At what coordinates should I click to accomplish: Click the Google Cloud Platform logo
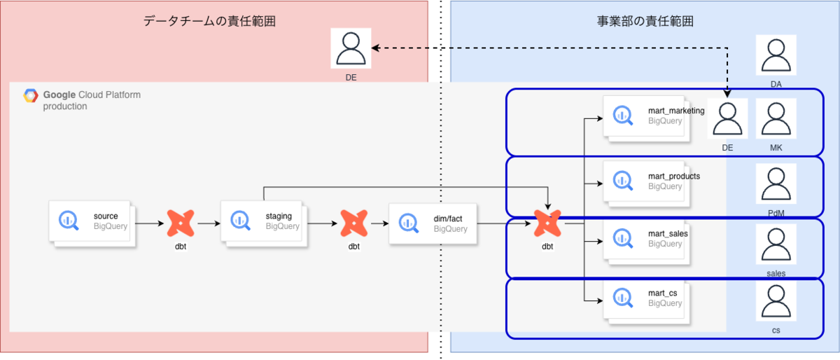click(x=30, y=95)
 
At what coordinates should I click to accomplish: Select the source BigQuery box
click(x=92, y=223)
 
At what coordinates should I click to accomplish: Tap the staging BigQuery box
click(x=264, y=223)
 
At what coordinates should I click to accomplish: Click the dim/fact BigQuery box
click(x=433, y=223)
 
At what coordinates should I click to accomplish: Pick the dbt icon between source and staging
click(x=181, y=223)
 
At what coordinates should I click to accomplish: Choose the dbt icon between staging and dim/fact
click(x=354, y=223)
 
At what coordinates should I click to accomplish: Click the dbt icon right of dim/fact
click(x=547, y=223)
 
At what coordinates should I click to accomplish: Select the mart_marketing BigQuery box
click(x=647, y=118)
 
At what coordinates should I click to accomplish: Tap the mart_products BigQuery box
click(x=647, y=184)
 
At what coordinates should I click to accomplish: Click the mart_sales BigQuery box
click(x=647, y=242)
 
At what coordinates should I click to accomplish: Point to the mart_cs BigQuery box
click(x=647, y=301)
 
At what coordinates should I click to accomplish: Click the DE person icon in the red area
click(x=351, y=48)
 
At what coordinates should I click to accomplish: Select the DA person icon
click(x=776, y=55)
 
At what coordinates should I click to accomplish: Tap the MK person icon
click(x=776, y=118)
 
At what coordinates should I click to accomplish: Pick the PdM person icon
click(x=776, y=184)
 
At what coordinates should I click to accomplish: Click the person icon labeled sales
click(x=776, y=244)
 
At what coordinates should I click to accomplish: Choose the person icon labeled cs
click(x=776, y=300)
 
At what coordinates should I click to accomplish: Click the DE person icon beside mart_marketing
click(x=727, y=118)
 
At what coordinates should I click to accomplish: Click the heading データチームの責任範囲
click(x=209, y=21)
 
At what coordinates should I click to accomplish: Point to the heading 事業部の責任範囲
click(x=645, y=21)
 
